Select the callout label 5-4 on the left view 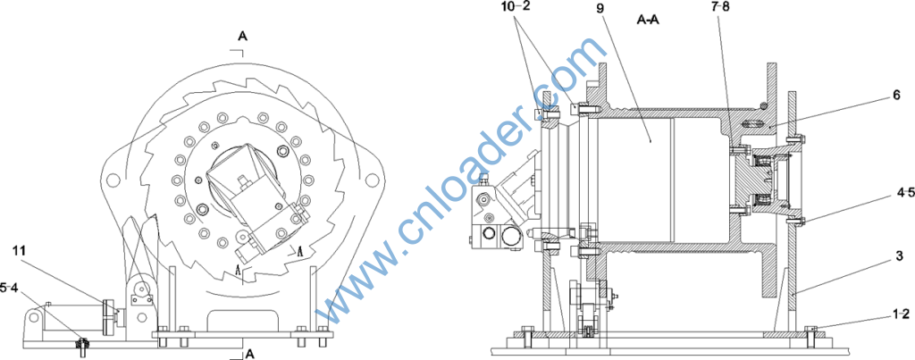point(10,288)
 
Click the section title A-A point(649,19)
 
